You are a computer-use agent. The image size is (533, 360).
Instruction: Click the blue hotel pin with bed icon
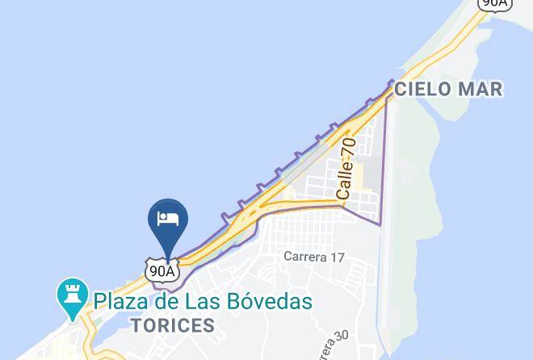tap(168, 222)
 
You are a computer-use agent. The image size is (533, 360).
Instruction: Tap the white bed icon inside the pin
tap(168, 218)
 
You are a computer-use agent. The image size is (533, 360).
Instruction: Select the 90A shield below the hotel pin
tap(162, 270)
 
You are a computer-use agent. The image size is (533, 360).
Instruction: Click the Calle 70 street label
tap(346, 169)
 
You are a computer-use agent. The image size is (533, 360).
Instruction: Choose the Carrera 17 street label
tap(314, 257)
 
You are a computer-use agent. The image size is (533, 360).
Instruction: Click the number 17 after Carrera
tap(336, 257)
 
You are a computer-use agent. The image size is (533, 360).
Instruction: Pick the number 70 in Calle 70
tap(348, 149)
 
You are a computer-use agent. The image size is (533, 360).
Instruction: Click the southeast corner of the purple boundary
tap(380, 223)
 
